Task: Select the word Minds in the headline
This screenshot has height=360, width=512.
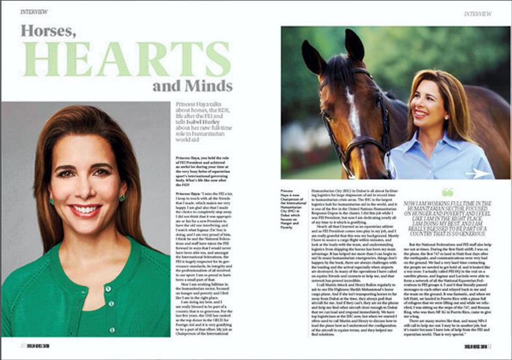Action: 209,86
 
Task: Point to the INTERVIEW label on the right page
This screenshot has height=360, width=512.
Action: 478,13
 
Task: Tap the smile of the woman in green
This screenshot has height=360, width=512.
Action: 86,210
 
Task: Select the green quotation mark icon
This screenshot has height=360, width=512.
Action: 447,192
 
